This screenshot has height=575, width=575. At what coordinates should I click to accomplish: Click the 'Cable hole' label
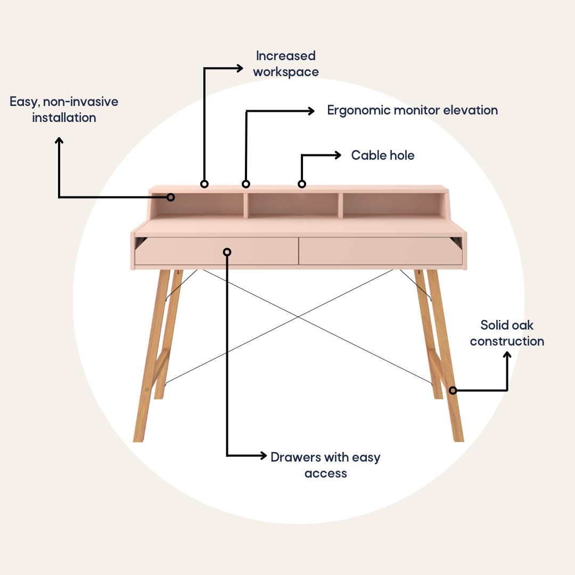tap(383, 155)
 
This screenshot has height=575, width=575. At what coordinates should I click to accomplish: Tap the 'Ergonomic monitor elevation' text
tap(413, 110)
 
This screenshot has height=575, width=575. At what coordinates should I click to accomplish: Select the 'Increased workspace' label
tap(286, 64)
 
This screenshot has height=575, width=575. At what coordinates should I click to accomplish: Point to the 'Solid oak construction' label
tap(507, 333)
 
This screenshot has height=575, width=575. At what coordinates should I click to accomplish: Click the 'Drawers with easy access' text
tap(326, 465)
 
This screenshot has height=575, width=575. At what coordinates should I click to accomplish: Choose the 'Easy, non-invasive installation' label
tap(64, 110)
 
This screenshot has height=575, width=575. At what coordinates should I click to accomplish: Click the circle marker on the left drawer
tap(227, 252)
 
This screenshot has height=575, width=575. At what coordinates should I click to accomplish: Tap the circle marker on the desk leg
tap(453, 391)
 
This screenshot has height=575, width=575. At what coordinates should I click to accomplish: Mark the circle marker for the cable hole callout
tap(302, 184)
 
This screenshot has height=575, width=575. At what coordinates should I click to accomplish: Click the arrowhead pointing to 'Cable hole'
tap(338, 155)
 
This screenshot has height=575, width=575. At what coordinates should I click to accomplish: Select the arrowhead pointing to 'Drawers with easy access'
tap(264, 455)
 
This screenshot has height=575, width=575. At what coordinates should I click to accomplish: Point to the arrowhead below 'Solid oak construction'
tap(507, 355)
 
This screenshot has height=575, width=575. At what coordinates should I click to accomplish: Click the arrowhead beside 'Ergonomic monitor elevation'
tap(311, 111)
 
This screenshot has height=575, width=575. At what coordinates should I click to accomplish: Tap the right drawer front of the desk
tap(380, 251)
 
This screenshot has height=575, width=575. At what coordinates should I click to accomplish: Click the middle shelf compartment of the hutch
tap(293, 204)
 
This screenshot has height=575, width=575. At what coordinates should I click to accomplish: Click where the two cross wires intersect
tap(298, 316)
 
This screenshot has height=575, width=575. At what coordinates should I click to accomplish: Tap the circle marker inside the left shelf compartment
tap(170, 198)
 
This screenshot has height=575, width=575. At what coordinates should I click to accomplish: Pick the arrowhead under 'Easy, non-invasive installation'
tap(59, 141)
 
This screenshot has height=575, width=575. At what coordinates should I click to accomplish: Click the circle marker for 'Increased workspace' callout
tap(204, 184)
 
